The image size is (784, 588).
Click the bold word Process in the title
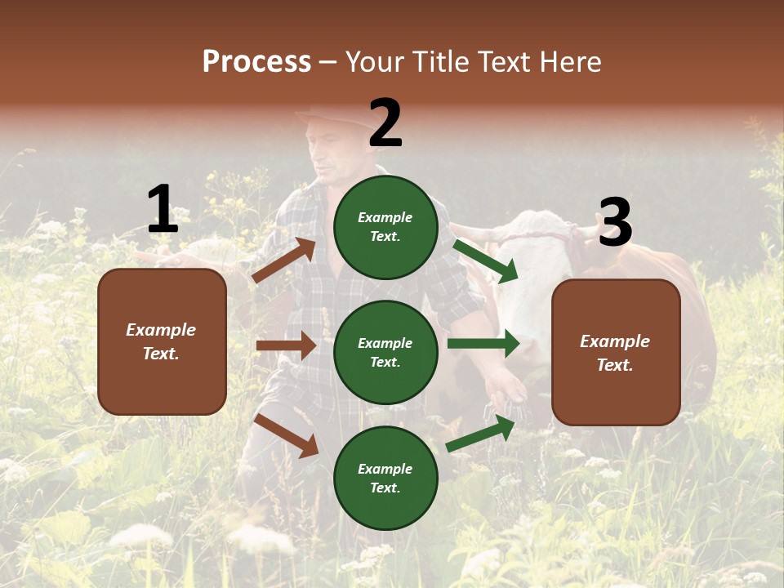(256, 62)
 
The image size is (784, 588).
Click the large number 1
(163, 209)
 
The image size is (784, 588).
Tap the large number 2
(385, 123)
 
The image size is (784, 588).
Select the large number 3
(615, 223)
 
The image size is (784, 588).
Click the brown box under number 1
(162, 341)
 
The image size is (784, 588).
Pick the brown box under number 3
(616, 352)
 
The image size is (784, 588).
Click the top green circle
(385, 226)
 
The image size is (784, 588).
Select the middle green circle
(385, 352)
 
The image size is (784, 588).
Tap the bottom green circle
(385, 478)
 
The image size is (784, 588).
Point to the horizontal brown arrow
(286, 345)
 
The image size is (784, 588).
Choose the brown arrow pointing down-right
(287, 435)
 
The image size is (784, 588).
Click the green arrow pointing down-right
(485, 261)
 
